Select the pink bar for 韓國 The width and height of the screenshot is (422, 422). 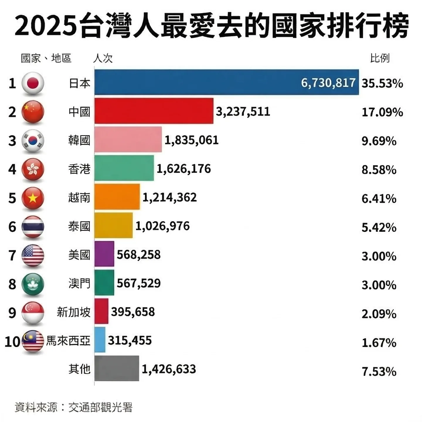128,140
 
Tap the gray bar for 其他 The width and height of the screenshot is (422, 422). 117,369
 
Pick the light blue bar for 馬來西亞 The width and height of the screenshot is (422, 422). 100,340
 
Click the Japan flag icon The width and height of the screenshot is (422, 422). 33,83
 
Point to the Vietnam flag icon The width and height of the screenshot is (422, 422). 33,198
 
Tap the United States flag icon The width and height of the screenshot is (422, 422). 33,255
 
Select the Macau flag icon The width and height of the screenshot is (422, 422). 33,284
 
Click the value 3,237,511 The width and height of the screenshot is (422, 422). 243,112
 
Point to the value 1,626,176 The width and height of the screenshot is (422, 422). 184,169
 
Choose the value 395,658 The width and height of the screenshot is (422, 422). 133,312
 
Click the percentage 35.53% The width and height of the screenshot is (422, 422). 382,84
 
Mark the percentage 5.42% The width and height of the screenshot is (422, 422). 379,227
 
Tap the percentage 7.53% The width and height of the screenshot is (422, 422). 379,372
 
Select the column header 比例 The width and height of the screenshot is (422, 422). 380,58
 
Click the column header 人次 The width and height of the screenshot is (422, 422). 103,58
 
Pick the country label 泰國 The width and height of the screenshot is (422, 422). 79,227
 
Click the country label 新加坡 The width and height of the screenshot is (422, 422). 74,312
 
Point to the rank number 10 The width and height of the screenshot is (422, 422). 12,342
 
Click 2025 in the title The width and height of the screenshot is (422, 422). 46,26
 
